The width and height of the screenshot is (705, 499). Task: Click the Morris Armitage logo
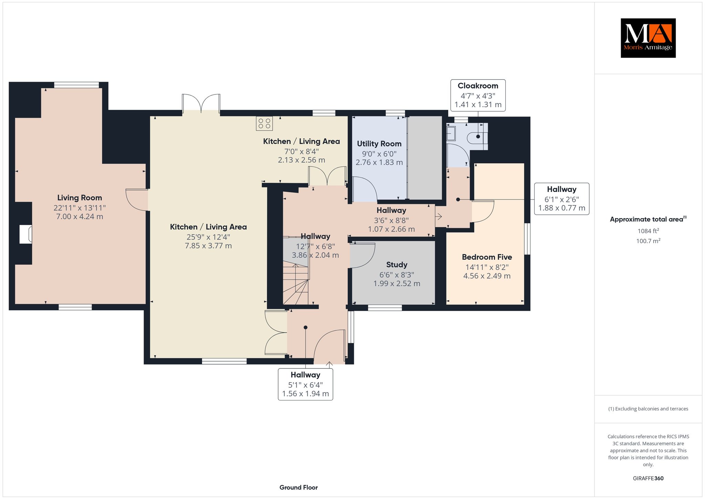click(648, 38)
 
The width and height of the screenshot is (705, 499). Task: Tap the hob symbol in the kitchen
click(264, 124)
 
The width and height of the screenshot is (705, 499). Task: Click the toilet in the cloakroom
click(476, 137)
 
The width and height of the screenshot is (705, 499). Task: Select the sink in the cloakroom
click(451, 133)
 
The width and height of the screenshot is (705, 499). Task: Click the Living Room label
click(80, 198)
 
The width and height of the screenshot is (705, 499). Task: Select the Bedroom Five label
click(487, 257)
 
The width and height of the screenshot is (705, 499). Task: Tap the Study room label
click(397, 265)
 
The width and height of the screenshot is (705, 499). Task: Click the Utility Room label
click(379, 144)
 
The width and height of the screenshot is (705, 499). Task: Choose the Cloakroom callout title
click(478, 86)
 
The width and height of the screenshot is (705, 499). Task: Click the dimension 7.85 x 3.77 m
click(208, 246)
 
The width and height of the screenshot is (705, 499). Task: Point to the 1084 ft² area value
click(648, 231)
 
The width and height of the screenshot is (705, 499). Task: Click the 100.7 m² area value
click(648, 241)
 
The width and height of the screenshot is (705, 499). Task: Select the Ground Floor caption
click(298, 487)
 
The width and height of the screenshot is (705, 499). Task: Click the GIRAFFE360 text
click(648, 478)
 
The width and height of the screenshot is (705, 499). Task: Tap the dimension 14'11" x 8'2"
click(487, 267)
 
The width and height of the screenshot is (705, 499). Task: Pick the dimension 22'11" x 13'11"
click(80, 208)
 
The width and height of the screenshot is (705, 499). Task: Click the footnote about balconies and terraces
click(648, 409)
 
